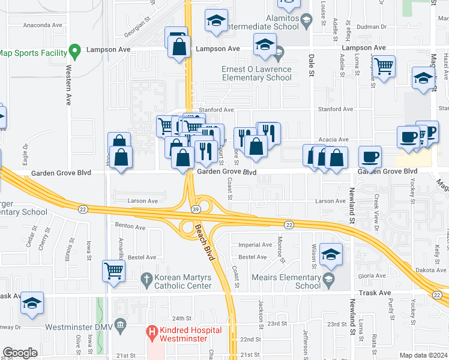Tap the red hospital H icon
click(152, 331)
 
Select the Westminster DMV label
click(78, 327)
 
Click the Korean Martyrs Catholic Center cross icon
click(146, 278)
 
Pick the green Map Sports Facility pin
click(74, 50)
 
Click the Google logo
click(20, 353)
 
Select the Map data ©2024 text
click(423, 355)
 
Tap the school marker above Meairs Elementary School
click(331, 254)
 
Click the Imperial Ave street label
click(255, 245)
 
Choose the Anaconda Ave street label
click(43, 26)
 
